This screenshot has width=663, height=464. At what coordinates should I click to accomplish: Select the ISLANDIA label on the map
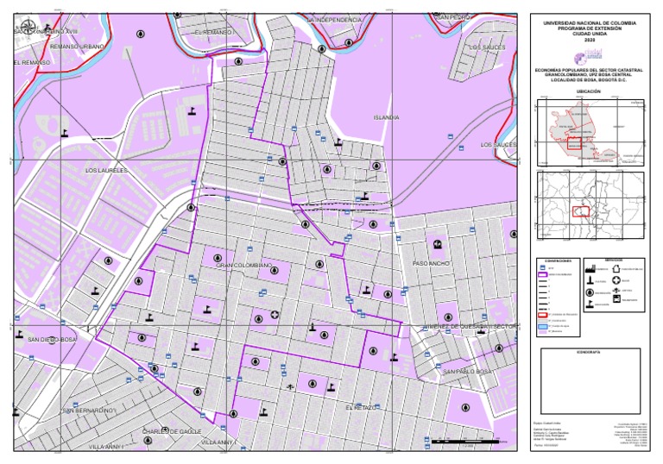click(x=385, y=117)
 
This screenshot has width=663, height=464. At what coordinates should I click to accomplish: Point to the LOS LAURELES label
click(x=106, y=171)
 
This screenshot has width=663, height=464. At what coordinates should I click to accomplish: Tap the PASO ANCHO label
click(x=432, y=262)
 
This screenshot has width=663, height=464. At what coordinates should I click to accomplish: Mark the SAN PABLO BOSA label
click(x=467, y=371)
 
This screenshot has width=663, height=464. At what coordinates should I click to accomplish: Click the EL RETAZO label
click(x=361, y=406)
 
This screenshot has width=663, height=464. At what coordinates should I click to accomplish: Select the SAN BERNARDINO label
click(x=88, y=410)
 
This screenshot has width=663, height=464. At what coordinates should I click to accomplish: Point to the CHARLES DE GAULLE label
click(x=170, y=430)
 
